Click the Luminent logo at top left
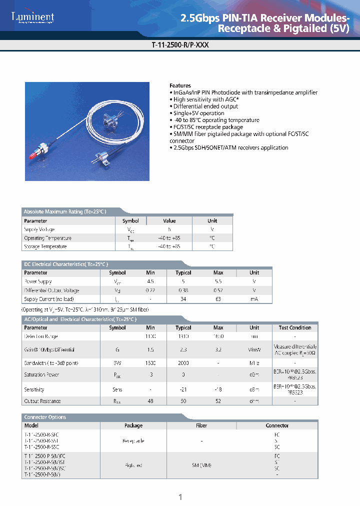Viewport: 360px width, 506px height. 32,18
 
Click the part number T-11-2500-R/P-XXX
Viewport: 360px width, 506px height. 179,44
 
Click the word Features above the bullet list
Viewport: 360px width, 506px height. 180,85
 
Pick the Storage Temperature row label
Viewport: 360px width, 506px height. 45,246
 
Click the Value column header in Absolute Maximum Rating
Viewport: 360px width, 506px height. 169,220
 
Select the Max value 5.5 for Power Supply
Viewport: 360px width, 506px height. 218,281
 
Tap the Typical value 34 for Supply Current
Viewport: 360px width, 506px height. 183,299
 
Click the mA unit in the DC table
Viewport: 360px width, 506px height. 254,299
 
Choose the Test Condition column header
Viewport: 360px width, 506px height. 295,328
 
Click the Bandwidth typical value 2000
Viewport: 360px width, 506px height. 183,363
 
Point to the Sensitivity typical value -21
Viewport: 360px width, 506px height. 183,389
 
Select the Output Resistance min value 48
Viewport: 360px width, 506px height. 150,401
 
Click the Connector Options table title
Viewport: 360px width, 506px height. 45,417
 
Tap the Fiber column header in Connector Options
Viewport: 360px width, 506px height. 201,425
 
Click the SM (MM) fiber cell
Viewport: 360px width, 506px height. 201,465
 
